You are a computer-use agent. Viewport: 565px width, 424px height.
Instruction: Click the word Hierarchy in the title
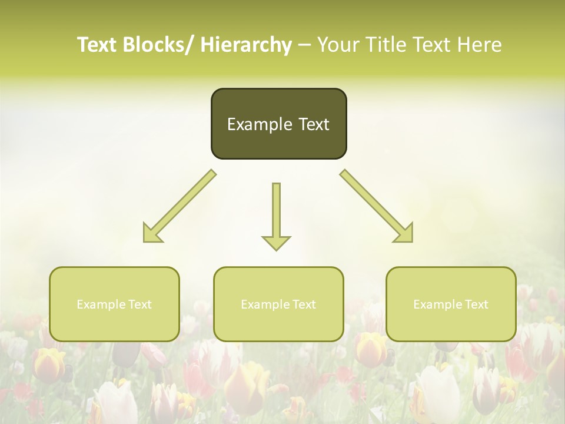(246, 45)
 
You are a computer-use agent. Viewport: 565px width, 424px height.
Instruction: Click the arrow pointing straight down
(276, 212)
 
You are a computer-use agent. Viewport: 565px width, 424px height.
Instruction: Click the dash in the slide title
(304, 45)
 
